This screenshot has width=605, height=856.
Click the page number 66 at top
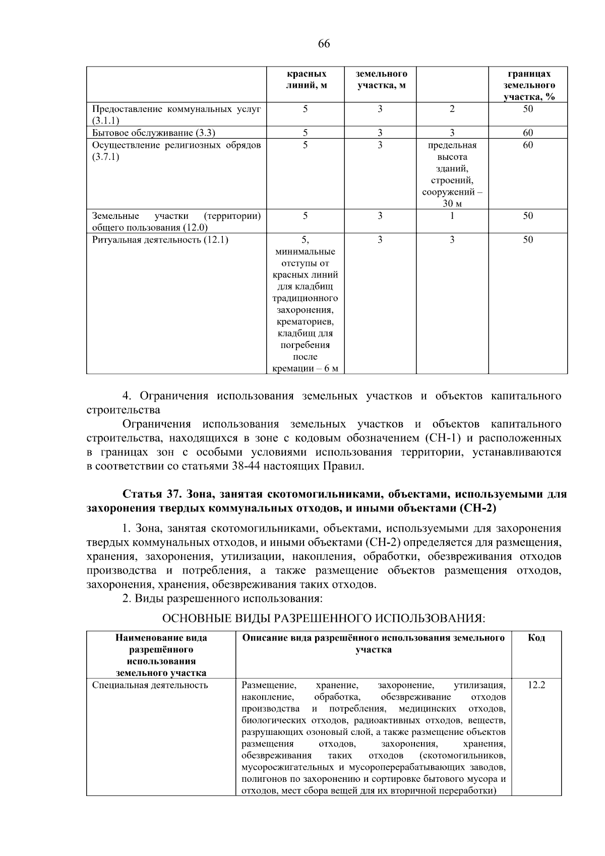click(324, 44)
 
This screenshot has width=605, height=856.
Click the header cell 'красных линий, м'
click(306, 80)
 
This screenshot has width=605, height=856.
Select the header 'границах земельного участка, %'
click(528, 85)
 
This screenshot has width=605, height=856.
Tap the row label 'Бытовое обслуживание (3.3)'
click(154, 133)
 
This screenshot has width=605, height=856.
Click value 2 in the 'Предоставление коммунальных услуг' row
click(452, 109)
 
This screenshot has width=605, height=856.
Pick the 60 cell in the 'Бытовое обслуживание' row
click(528, 133)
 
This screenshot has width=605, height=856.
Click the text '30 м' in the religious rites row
click(452, 204)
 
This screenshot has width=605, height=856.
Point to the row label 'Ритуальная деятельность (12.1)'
click(160, 240)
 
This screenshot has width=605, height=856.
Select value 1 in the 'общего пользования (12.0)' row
click(452, 216)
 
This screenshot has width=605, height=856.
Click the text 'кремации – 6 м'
click(305, 369)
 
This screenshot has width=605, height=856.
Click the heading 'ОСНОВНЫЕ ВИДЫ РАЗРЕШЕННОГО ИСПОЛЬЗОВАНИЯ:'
click(323, 618)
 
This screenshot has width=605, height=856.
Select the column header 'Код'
click(536, 638)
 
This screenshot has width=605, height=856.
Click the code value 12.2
click(536, 686)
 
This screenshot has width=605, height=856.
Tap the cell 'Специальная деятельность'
click(150, 686)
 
